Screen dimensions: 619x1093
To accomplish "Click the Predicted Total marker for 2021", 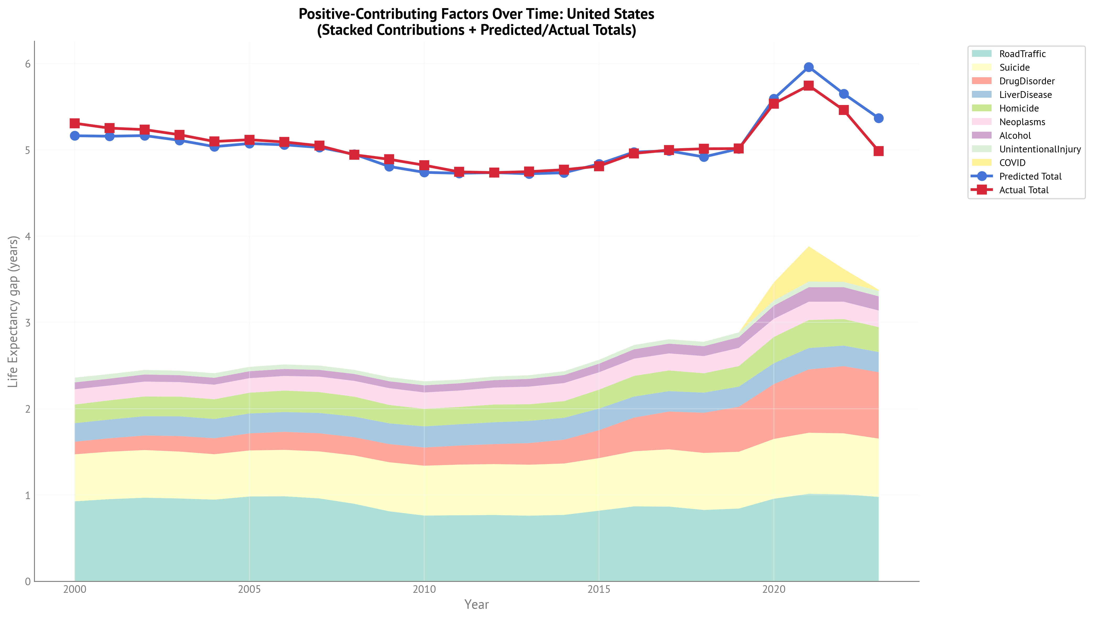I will [x=808, y=67].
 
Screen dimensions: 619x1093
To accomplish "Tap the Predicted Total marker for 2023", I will [x=878, y=118].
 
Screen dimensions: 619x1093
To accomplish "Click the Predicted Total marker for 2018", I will [x=704, y=157].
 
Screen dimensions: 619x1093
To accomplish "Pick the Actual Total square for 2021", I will [x=808, y=85].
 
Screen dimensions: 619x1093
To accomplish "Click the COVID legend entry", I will [x=1012, y=163].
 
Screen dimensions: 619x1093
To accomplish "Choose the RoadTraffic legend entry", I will [x=1022, y=54].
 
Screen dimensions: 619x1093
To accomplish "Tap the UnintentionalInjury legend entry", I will [x=1040, y=149].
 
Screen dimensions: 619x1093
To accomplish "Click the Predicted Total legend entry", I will [x=1030, y=176].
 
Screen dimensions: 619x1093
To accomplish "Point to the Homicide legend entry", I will [x=1019, y=108].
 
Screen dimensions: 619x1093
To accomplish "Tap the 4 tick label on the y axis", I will [x=28, y=236].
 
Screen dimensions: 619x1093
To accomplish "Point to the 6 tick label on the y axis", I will [x=28, y=64].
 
